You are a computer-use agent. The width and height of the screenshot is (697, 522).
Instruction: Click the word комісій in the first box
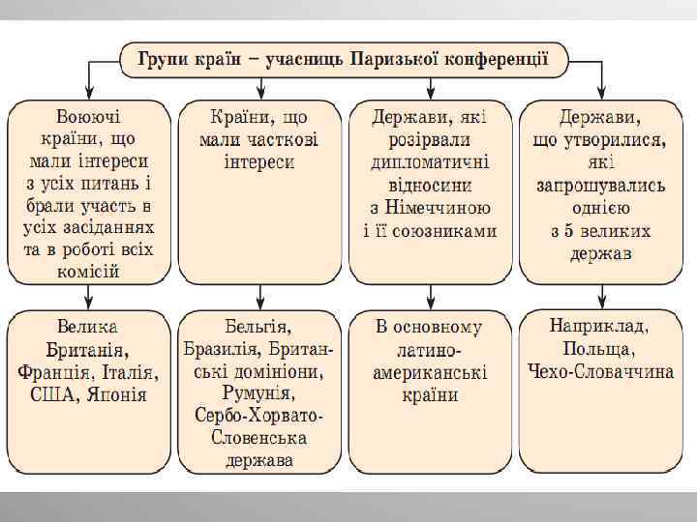coord(88,271)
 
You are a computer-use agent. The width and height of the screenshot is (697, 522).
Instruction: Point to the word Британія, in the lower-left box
coord(88,348)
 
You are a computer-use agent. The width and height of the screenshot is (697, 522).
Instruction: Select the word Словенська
coord(258,438)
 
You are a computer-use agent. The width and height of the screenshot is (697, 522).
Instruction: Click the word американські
coord(432,371)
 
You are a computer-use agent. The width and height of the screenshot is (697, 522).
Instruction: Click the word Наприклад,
coord(599,325)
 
